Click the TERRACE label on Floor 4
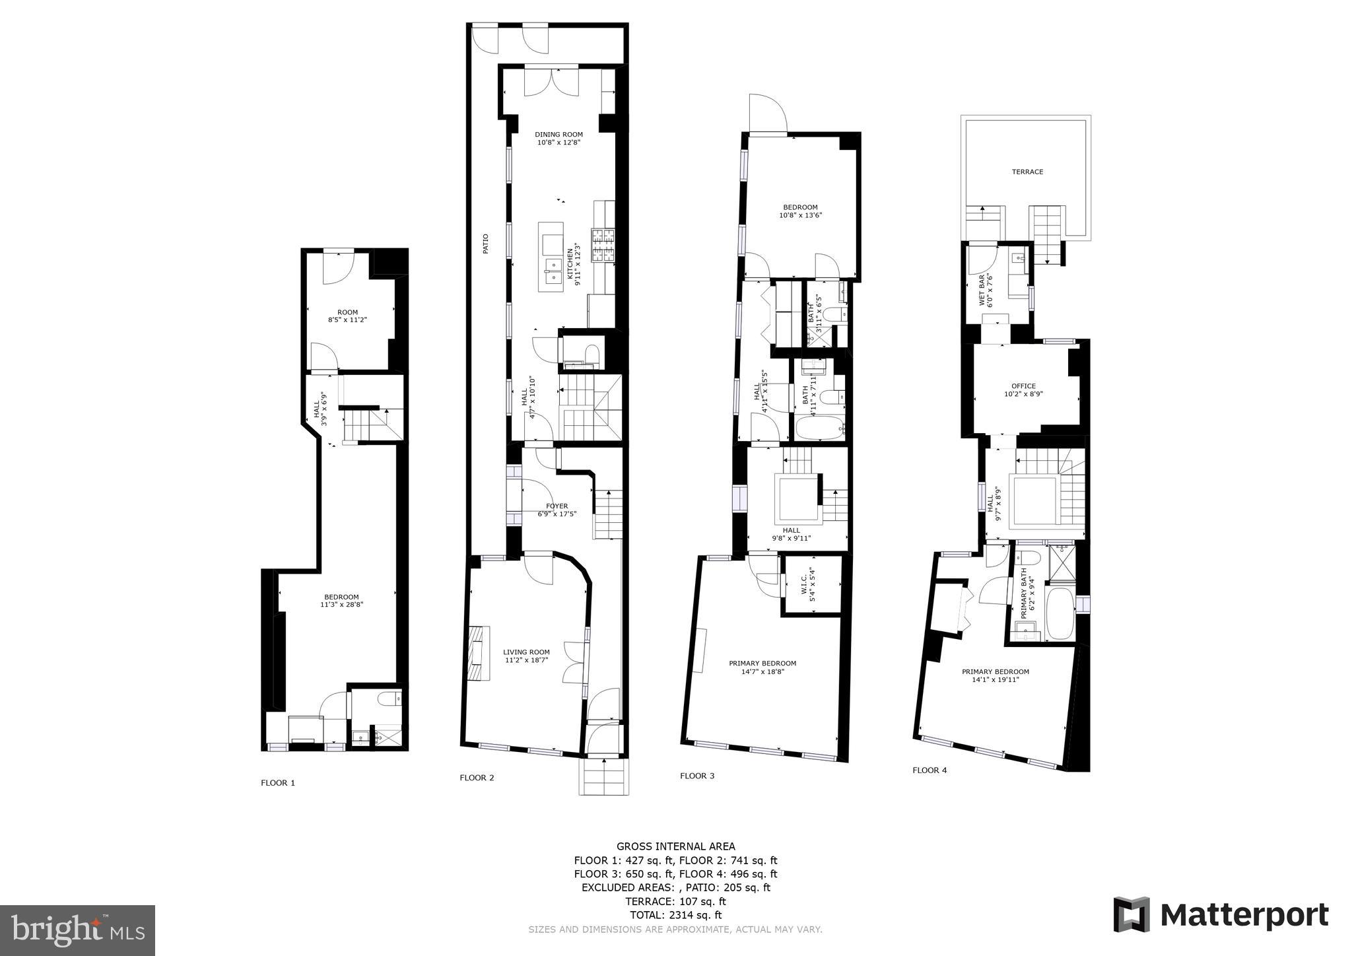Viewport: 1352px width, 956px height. click(x=1027, y=172)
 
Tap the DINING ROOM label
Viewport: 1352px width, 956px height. click(x=558, y=135)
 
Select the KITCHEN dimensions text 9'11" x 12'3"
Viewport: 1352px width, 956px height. click(x=579, y=267)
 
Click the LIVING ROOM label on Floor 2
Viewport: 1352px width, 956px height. click(x=526, y=652)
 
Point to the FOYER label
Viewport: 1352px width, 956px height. click(x=557, y=506)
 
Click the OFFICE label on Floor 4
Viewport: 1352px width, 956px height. click(x=1023, y=386)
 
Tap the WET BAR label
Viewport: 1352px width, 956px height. click(x=981, y=290)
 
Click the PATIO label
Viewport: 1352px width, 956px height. click(x=486, y=244)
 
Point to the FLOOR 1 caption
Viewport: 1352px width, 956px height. click(x=278, y=783)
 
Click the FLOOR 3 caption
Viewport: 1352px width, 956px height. click(x=697, y=776)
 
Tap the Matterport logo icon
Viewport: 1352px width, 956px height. click(x=1132, y=915)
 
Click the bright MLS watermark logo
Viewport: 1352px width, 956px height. click(x=78, y=930)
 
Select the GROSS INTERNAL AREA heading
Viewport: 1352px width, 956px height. click(x=675, y=846)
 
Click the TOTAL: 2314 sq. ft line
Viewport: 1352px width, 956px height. click(x=675, y=915)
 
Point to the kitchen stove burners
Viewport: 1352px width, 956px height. click(x=603, y=246)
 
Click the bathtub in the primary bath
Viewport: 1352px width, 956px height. click(x=1061, y=615)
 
